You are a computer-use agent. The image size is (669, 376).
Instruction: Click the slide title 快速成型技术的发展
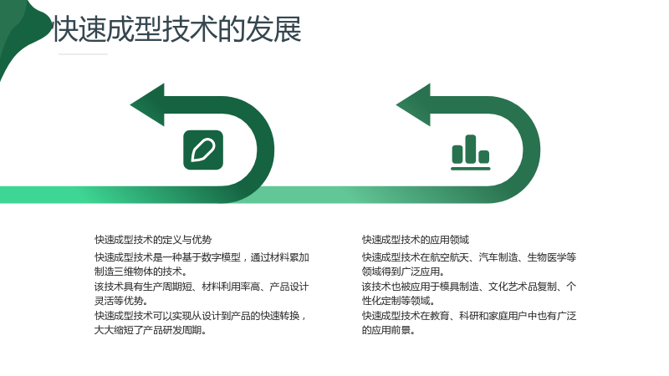177,29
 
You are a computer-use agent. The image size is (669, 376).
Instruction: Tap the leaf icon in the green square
203,150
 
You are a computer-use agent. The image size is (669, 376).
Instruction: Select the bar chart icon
471,152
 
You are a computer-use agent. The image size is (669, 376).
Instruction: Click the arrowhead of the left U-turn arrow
147,105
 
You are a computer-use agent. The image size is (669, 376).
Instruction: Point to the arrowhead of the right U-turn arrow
413,105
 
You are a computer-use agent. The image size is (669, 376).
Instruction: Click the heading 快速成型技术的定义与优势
153,240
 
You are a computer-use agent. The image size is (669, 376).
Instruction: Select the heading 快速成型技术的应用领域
415,240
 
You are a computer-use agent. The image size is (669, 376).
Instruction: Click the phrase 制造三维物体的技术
139,272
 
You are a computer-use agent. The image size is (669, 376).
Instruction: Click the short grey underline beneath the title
83,54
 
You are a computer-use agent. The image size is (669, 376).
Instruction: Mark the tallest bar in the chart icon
471,149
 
